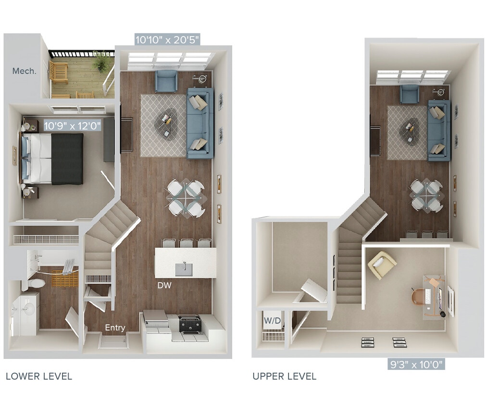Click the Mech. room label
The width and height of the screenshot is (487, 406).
click(x=24, y=71)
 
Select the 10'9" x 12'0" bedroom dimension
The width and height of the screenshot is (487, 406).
click(x=72, y=126)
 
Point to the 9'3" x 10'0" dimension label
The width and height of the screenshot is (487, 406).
click(x=416, y=363)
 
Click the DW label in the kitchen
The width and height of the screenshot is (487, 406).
click(x=164, y=285)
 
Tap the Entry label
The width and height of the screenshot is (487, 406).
click(x=115, y=328)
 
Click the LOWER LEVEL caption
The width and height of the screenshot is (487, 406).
click(x=39, y=376)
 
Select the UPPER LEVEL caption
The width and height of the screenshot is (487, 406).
click(x=284, y=376)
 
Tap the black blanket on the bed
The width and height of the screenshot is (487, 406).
click(x=67, y=159)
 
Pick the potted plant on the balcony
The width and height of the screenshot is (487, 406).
click(x=102, y=61)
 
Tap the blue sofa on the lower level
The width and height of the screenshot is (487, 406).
click(x=200, y=123)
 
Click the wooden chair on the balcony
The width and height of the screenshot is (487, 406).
click(x=59, y=72)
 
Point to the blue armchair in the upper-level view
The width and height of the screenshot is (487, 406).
click(x=410, y=94)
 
